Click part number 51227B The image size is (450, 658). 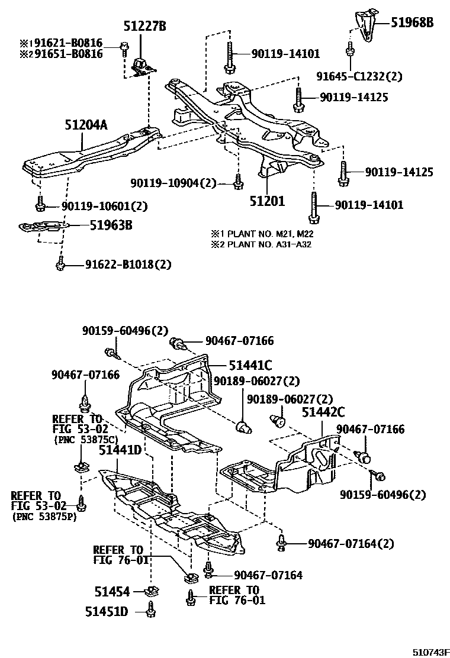(x=144, y=25)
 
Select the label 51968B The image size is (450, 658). (x=413, y=23)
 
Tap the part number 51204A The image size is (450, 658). (x=86, y=126)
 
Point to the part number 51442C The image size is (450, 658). (x=323, y=412)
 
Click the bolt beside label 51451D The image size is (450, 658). (x=151, y=608)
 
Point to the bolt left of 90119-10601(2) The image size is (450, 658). (x=40, y=206)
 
